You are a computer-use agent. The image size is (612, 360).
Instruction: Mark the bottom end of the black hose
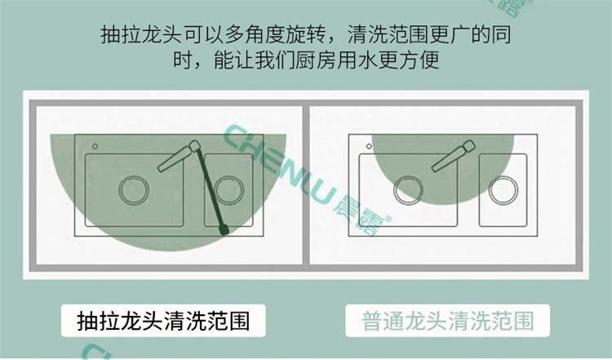(223, 233)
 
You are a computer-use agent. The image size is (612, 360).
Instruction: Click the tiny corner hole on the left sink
(95, 146)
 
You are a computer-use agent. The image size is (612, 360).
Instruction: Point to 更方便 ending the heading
(412, 62)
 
